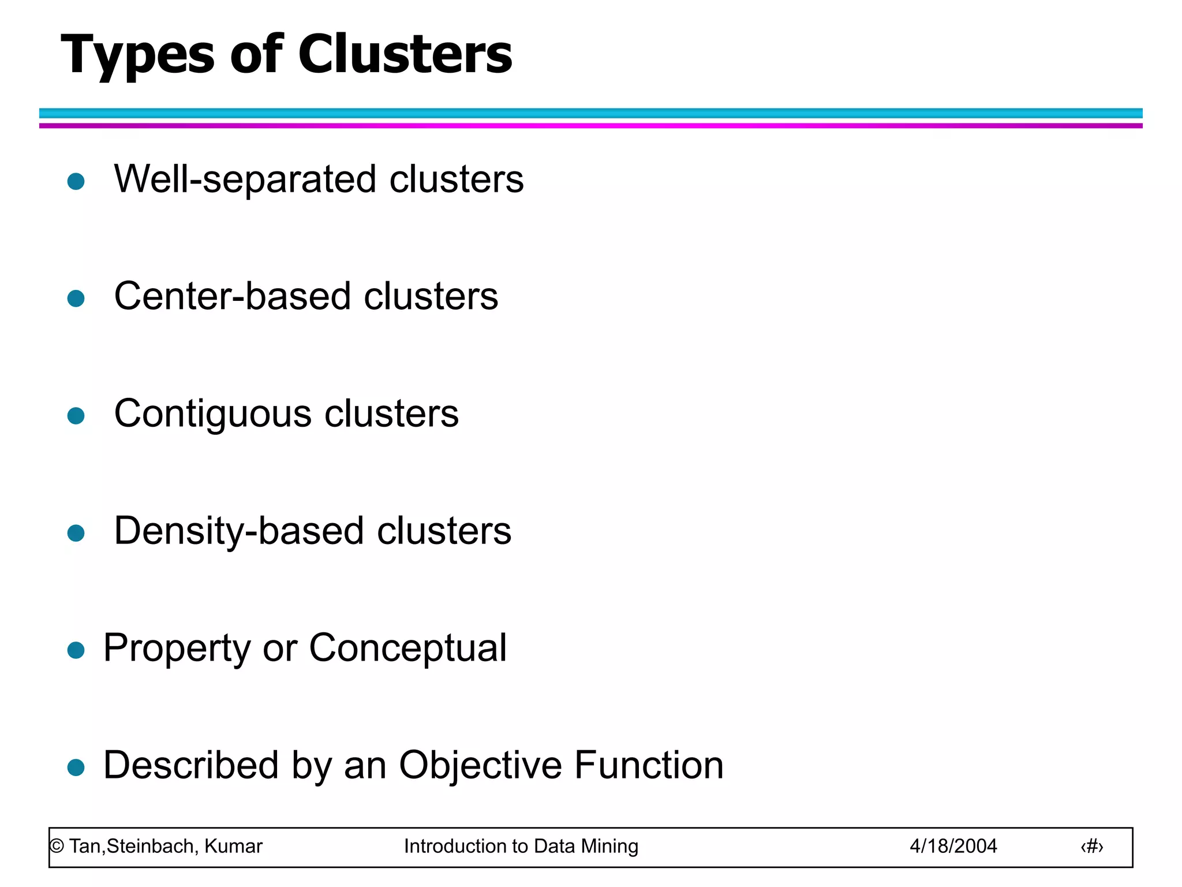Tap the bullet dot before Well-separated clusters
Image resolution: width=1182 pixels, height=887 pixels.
pyautogui.click(x=76, y=181)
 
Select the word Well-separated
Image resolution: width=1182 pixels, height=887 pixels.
pyautogui.click(x=246, y=179)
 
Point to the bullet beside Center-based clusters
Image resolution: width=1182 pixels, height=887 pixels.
pyautogui.click(x=76, y=299)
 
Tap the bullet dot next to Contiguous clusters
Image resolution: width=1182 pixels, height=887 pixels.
pyautogui.click(x=76, y=416)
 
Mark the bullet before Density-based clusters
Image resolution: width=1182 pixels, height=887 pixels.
pyautogui.click(x=76, y=533)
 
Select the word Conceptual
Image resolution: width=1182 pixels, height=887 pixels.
pyautogui.click(x=407, y=648)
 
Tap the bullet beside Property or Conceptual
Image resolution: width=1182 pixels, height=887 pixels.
pyautogui.click(x=76, y=650)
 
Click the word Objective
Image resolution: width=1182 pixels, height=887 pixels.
pyautogui.click(x=480, y=765)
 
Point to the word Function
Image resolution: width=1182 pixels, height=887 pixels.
pyautogui.click(x=649, y=765)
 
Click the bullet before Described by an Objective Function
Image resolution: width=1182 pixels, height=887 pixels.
pyautogui.click(x=76, y=767)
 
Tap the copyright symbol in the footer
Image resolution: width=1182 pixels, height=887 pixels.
pyautogui.click(x=57, y=847)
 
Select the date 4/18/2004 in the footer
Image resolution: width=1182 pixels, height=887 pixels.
pyautogui.click(x=953, y=847)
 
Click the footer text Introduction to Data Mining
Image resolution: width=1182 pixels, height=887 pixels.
pyautogui.click(x=521, y=847)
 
